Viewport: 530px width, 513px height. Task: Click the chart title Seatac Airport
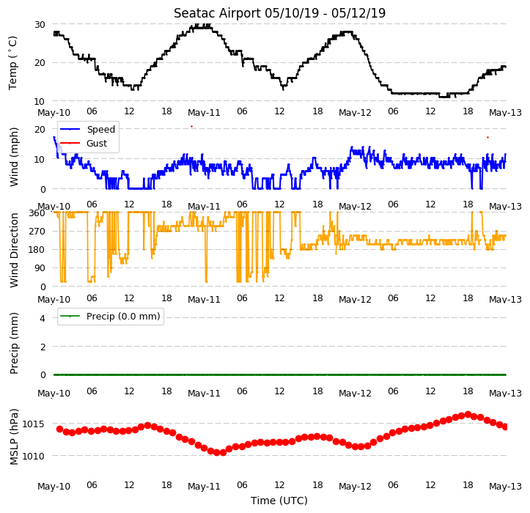tap(217, 13)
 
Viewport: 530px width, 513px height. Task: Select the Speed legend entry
tap(87, 130)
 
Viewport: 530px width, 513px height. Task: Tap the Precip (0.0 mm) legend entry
tap(110, 317)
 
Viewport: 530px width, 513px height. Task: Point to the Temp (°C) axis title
tap(12, 63)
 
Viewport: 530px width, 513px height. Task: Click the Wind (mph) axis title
tap(13, 157)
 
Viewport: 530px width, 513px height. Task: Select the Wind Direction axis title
tap(13, 251)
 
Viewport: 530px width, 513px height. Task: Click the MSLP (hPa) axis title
tap(13, 437)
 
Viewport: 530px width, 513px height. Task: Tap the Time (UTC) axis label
tap(279, 501)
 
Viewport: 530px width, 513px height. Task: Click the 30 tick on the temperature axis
tap(40, 25)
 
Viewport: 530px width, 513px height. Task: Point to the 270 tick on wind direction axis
tap(37, 232)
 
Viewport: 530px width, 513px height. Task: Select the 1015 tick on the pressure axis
tap(33, 424)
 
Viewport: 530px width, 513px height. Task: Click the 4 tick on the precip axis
tap(43, 318)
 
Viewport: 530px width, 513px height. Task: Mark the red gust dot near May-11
tap(191, 126)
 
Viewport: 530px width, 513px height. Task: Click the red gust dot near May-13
tap(487, 138)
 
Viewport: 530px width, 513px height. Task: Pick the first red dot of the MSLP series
tap(59, 429)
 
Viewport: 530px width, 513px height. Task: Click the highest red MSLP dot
tap(468, 414)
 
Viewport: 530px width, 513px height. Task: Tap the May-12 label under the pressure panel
tap(355, 487)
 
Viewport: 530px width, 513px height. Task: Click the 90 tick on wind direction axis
tap(40, 268)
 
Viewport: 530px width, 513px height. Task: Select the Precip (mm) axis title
tap(13, 344)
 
